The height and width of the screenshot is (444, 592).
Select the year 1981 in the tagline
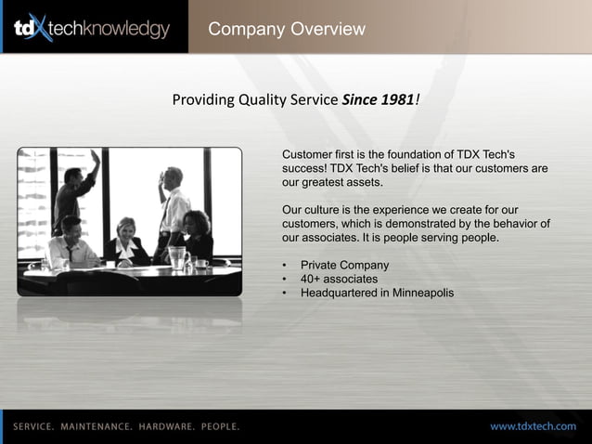[397, 99]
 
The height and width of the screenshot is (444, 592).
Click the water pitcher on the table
[176, 255]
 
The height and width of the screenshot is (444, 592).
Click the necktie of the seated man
[71, 253]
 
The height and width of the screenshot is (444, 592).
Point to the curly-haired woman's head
[197, 220]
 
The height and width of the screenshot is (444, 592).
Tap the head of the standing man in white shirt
[174, 176]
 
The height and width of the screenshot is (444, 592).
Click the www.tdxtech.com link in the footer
[533, 426]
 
